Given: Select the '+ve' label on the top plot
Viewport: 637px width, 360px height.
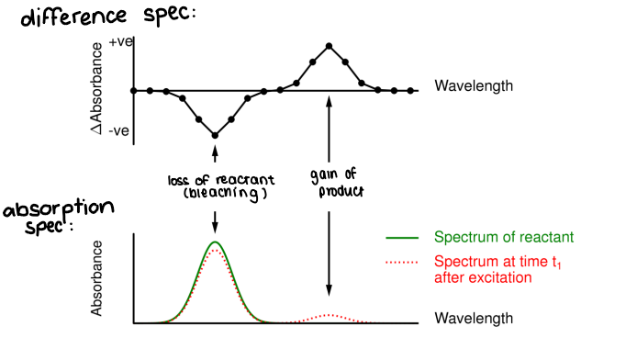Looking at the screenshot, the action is coord(120,42).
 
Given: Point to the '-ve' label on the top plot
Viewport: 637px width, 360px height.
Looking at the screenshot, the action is coord(118,131).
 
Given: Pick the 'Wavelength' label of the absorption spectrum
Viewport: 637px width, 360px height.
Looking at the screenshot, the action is coord(474,319).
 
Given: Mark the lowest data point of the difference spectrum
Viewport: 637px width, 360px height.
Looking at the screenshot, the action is coord(215,135).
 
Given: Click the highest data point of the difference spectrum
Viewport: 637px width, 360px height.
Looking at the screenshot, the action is coord(329,45).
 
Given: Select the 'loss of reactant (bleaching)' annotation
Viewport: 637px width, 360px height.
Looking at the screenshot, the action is coord(217,186).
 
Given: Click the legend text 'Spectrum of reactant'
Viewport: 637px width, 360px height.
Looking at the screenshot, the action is coord(497,237).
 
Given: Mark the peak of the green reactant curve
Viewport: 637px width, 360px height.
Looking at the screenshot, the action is coord(215,242).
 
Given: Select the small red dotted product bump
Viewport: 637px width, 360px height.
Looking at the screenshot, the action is coord(330,315).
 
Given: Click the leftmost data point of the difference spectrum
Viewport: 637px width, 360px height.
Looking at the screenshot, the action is coord(134,91).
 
